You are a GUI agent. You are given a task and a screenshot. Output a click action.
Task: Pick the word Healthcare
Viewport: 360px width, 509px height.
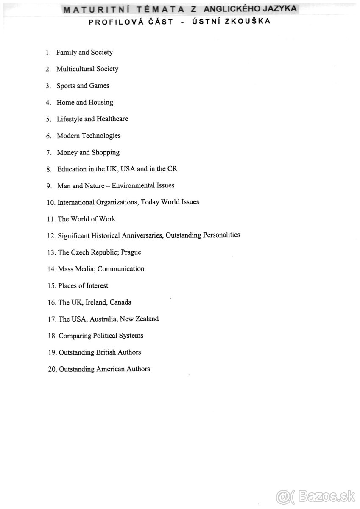coord(112,119)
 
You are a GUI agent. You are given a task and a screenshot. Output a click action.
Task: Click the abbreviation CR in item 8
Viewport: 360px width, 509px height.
coord(173,169)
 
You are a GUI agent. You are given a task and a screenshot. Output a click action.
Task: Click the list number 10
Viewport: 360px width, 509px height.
coord(51,203)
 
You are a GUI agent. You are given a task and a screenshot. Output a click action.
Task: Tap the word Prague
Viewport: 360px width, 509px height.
coord(131,252)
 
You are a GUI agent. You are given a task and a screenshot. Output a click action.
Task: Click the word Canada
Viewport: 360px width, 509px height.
coord(120,302)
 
